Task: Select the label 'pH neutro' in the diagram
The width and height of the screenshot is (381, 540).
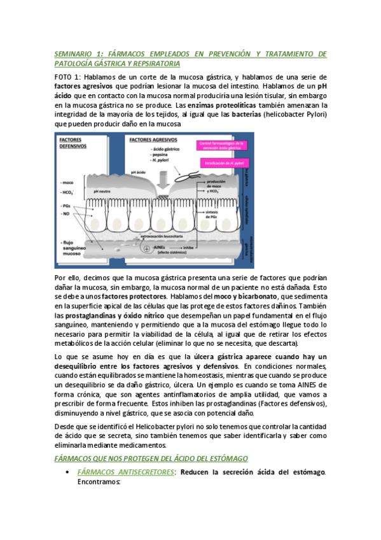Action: (103, 190)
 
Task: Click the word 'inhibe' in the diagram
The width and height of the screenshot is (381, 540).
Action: (190, 250)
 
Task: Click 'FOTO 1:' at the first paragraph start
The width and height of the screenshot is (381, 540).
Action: (68, 75)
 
